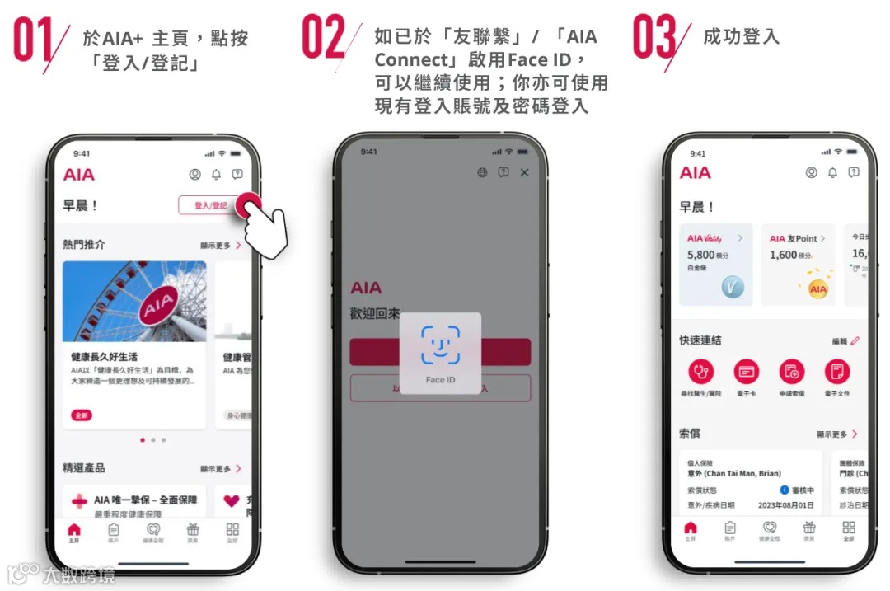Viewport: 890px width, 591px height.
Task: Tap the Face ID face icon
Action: click(440, 345)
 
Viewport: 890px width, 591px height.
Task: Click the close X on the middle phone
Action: click(524, 172)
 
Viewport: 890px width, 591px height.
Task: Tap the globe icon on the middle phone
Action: click(482, 172)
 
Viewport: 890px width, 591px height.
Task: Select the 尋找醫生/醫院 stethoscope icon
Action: click(700, 372)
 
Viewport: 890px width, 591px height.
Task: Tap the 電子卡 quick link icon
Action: click(746, 372)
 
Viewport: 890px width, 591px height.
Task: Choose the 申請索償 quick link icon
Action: click(791, 372)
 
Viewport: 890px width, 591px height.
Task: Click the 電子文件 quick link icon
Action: click(836, 372)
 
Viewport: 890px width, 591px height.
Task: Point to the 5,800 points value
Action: click(701, 256)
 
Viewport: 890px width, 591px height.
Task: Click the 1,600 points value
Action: click(783, 256)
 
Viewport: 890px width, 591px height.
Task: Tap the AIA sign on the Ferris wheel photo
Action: click(157, 307)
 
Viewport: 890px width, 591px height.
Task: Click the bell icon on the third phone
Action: click(832, 172)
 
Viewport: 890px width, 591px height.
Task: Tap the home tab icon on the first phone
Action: click(74, 529)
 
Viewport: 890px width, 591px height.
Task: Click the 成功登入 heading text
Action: click(741, 36)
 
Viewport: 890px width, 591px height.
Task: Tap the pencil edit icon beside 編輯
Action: click(855, 340)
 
